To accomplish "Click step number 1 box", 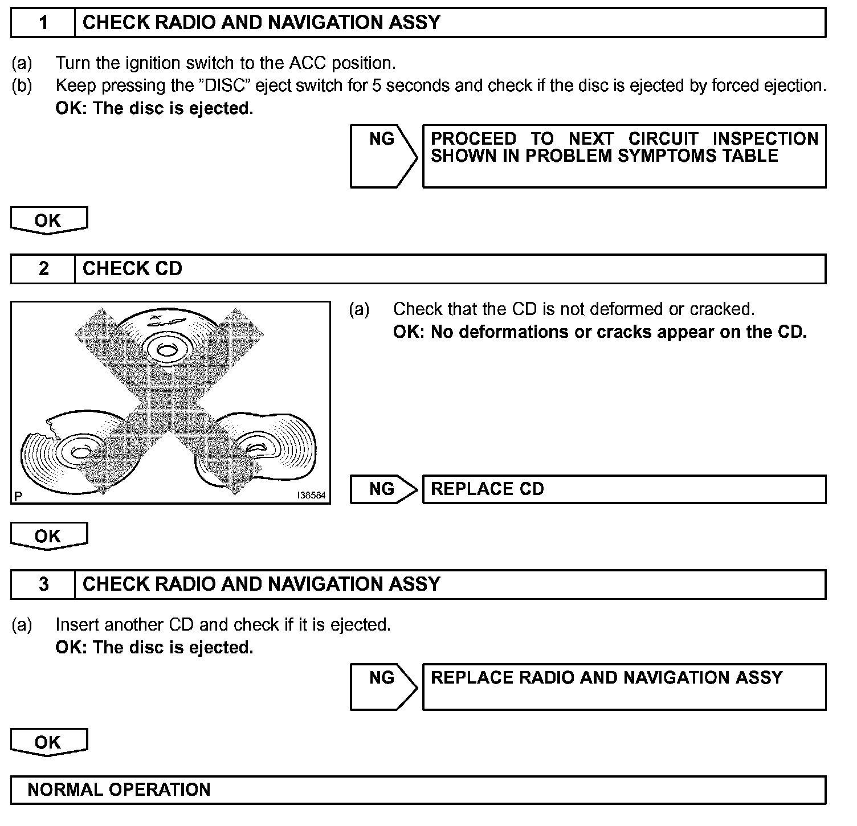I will [43, 23].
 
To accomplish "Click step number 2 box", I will [43, 269].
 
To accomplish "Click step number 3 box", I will [43, 584].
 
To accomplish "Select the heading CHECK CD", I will [132, 269].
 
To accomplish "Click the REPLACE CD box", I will [624, 489].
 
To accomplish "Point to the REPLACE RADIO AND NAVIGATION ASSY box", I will [624, 686].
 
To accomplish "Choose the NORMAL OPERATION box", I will [418, 790].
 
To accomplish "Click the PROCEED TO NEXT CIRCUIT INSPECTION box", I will [624, 156].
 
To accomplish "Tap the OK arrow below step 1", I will [48, 221].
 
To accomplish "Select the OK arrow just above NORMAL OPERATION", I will [48, 743].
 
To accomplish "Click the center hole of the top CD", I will [165, 350].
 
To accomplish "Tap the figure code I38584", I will [311, 496].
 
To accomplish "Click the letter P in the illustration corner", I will [18, 496].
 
